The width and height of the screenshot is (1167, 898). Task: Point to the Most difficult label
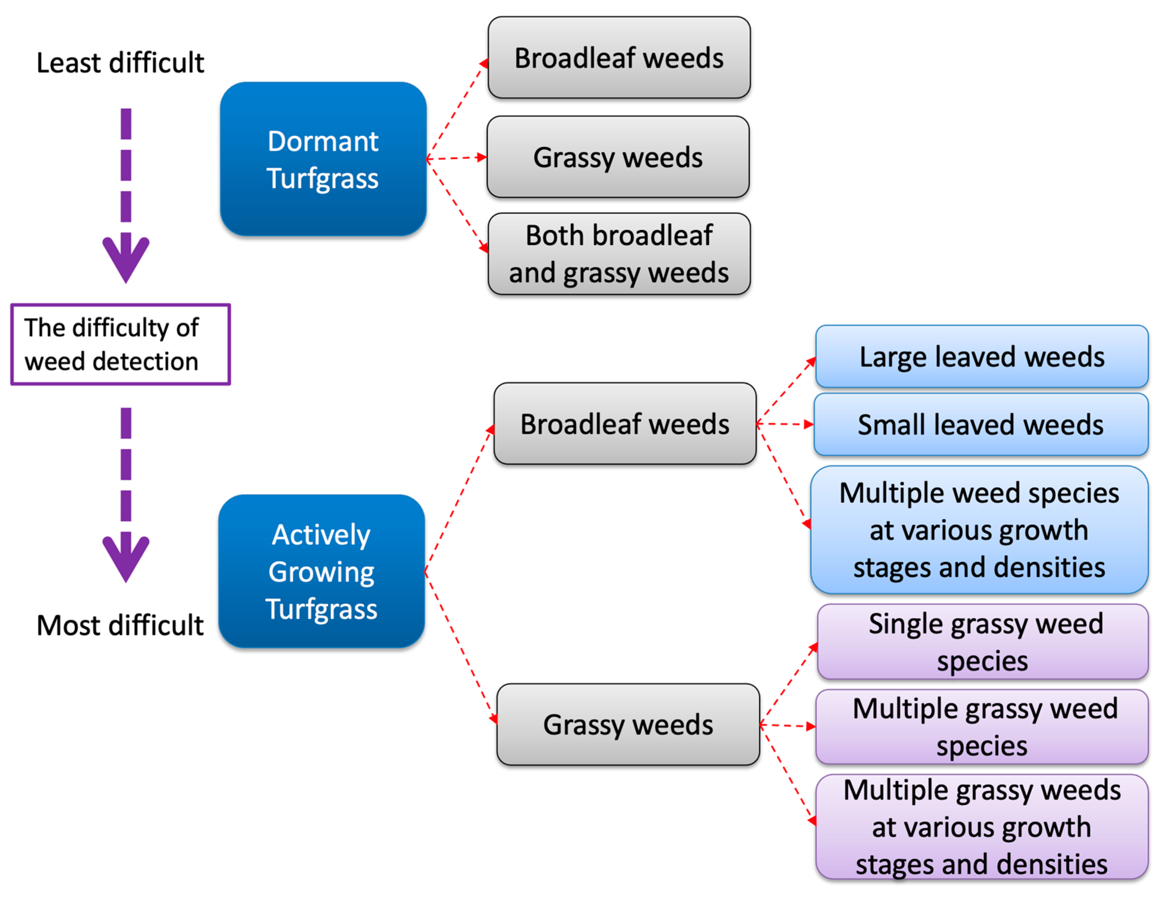click(120, 625)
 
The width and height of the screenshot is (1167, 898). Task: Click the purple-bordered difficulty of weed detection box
click(120, 345)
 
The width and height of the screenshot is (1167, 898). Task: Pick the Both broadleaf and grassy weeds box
click(619, 254)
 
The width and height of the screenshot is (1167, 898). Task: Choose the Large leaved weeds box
click(981, 357)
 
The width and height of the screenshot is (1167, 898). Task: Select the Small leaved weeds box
click(981, 425)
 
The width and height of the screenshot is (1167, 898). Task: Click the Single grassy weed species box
click(983, 642)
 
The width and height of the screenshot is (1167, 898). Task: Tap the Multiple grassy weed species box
click(981, 727)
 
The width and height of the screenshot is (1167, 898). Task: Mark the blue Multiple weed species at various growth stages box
click(979, 530)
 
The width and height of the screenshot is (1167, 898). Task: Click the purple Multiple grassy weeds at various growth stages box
click(981, 827)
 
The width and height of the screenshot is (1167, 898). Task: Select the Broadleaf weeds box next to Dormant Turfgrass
click(619, 58)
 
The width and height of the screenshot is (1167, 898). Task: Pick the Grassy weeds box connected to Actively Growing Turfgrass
click(628, 725)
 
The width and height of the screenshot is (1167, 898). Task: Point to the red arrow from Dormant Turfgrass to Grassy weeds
click(457, 158)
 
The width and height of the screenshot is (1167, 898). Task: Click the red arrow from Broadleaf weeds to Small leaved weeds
click(785, 425)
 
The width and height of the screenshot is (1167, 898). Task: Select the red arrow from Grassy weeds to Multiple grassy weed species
click(788, 726)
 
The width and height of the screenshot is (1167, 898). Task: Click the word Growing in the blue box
click(321, 572)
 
